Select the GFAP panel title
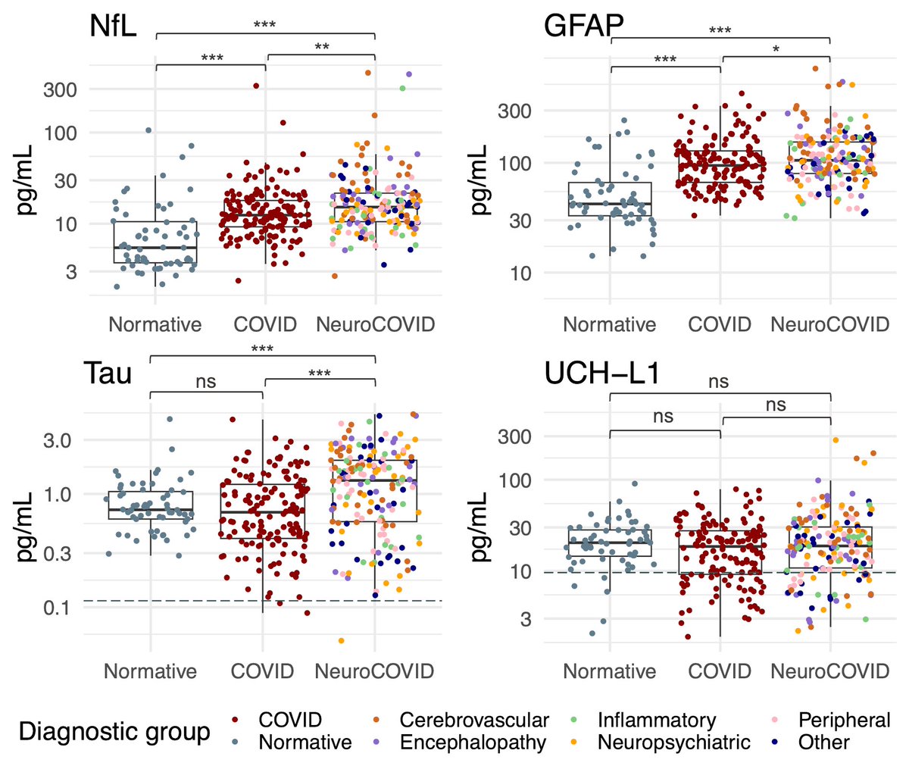click(583, 28)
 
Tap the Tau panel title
click(110, 374)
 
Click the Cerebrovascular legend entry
click(474, 720)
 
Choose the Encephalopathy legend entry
click(473, 743)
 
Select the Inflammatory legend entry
click(656, 720)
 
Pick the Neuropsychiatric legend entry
click(673, 743)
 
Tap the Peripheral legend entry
click(845, 720)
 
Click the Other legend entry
click(823, 743)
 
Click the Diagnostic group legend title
click(114, 732)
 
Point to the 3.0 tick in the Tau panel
click(54, 440)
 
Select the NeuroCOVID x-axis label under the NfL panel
click(376, 325)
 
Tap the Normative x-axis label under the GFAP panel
click(610, 325)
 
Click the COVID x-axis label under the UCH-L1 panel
click(720, 671)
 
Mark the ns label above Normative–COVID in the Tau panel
click(206, 382)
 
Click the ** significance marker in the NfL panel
click(321, 47)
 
